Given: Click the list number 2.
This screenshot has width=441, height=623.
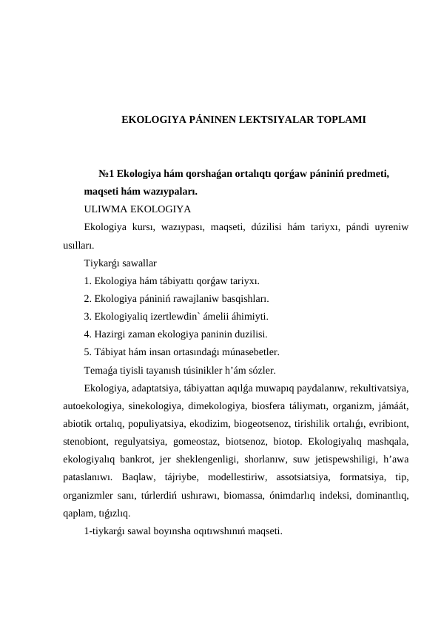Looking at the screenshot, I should click(x=88, y=298).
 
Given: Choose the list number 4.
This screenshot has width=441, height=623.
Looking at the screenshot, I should click(x=88, y=334).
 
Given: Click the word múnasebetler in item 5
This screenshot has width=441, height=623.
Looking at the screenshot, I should click(x=247, y=351).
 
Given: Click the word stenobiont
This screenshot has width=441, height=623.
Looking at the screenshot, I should click(x=87, y=440).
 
